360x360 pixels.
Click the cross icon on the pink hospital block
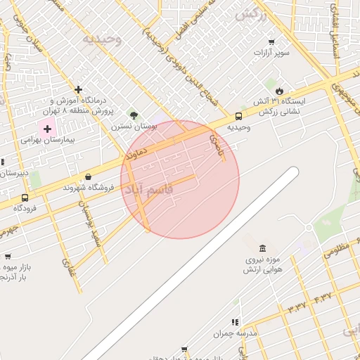[x=48, y=129]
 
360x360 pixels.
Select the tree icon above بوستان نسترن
[x=134, y=115]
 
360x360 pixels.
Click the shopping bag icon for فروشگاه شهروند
[x=88, y=176]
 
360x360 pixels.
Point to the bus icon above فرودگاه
[x=25, y=198]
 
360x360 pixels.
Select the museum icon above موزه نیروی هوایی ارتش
[x=262, y=249]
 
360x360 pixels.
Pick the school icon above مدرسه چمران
[x=236, y=321]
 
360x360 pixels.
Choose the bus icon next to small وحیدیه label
[x=239, y=116]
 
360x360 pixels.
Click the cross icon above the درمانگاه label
[x=78, y=89]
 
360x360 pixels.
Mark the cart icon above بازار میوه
[x=8, y=257]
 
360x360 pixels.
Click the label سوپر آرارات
[x=268, y=53]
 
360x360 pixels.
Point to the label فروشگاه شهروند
[x=88, y=188]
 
